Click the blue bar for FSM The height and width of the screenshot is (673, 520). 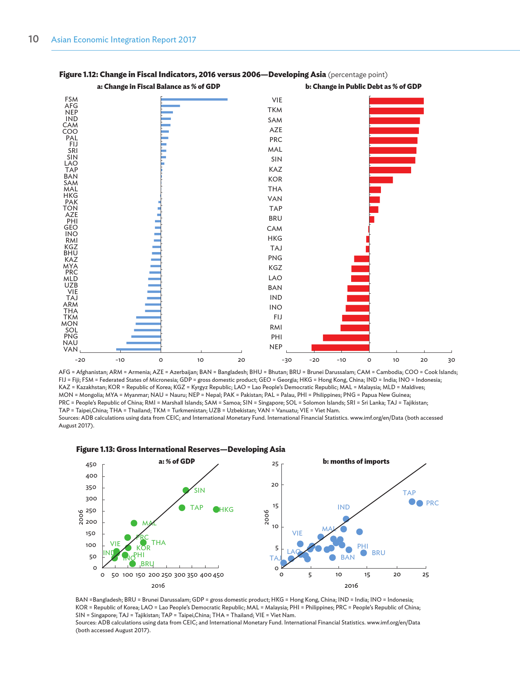pos(194,99)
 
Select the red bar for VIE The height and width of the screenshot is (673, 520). pos(396,101)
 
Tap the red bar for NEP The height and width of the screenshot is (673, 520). pos(340,348)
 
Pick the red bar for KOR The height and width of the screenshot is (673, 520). pos(381,180)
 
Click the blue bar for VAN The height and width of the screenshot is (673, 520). pos(138,349)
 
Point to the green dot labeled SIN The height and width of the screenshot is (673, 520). pos(186,490)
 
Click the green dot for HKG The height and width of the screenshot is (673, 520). pos(216,509)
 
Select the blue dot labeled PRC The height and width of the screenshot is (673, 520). pos(420,503)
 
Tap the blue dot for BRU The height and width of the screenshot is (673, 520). pos(363,553)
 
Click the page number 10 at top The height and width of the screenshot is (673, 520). pos(33,39)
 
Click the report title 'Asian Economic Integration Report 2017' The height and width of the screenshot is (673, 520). pos(124,40)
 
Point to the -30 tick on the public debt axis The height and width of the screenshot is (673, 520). pos(286,360)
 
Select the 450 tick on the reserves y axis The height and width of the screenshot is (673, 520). pos(91,465)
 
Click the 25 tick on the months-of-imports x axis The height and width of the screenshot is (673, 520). pos(425,575)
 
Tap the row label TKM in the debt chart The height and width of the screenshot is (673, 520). pos(274,110)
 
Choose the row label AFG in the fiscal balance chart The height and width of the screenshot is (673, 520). pos(71,106)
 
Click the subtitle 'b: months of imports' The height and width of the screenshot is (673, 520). pos(356,461)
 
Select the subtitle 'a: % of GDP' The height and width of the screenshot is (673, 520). pos(177,461)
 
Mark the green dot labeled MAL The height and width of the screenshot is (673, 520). pos(134,523)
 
